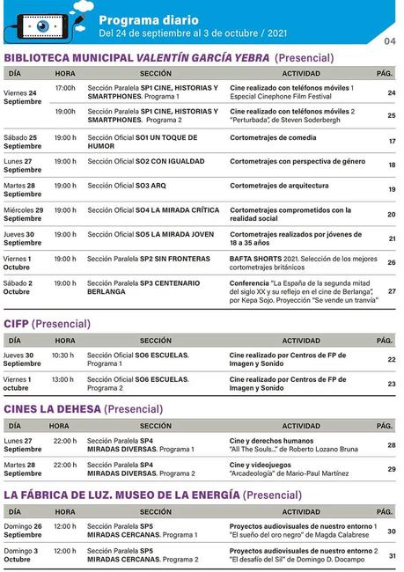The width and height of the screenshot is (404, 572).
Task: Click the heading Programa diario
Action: (148, 19)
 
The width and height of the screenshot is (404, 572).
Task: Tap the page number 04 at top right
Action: (391, 41)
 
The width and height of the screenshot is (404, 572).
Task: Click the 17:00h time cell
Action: (66, 89)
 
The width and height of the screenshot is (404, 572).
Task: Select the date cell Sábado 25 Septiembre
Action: (21, 142)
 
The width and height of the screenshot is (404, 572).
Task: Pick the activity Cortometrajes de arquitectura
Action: (279, 186)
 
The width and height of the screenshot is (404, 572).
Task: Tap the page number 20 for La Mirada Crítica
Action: (392, 215)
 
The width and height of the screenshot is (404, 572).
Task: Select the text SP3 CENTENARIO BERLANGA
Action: (131, 287)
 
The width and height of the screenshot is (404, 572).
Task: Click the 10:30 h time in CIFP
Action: (63, 356)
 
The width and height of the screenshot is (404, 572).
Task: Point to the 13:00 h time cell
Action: (63, 379)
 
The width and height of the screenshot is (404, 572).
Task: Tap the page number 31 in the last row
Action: (392, 556)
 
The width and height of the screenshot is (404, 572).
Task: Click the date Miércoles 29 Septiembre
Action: (24, 214)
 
